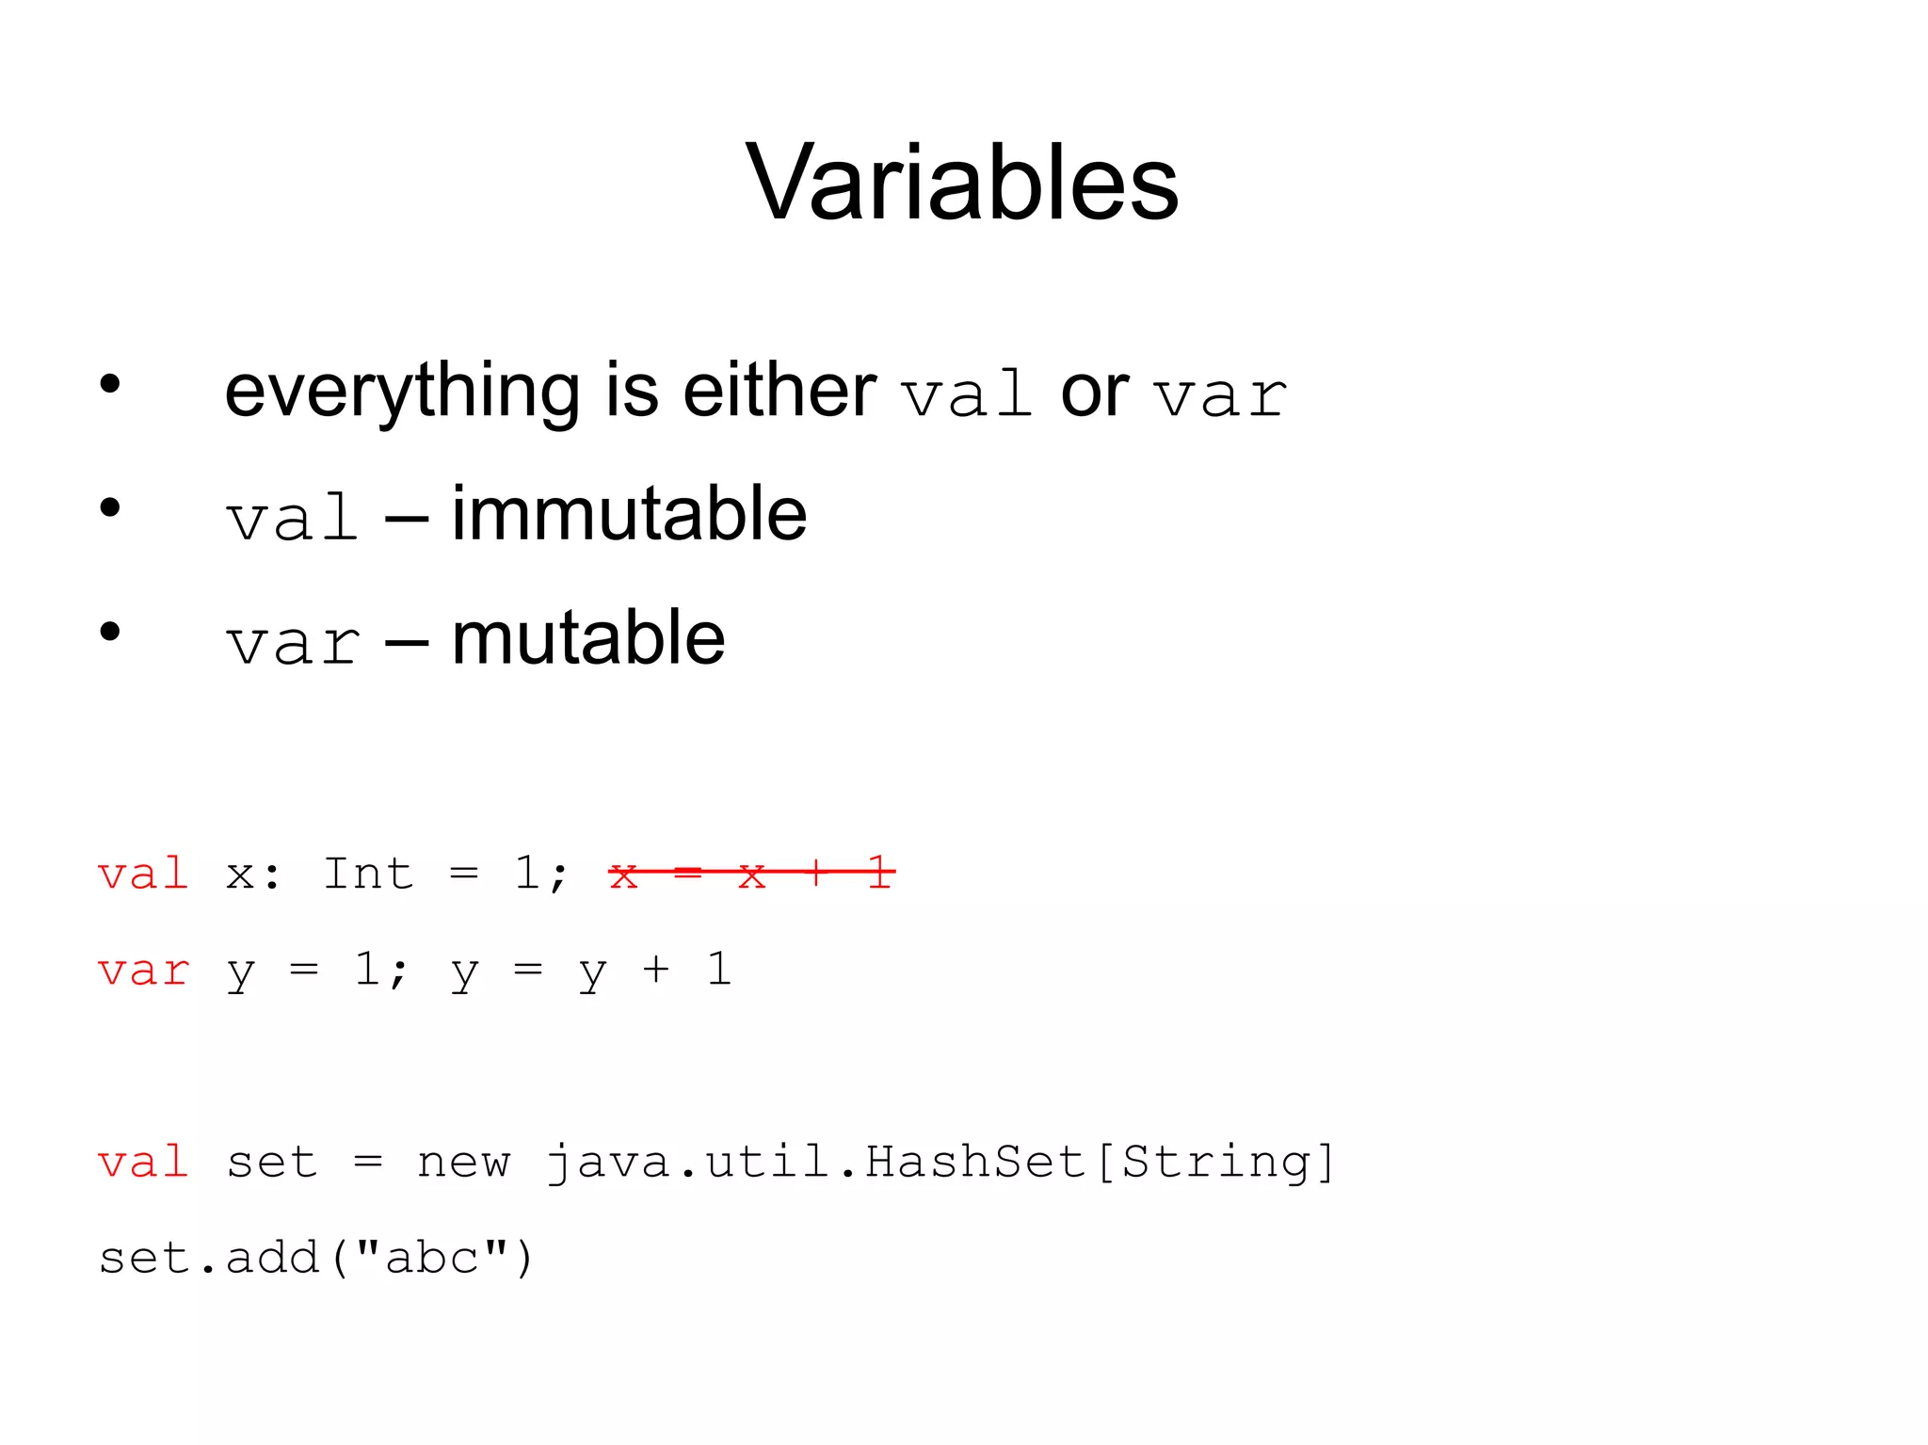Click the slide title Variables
961,183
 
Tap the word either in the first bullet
779,391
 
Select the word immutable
629,515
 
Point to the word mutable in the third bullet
588,639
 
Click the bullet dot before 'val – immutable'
110,508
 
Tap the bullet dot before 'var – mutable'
110,632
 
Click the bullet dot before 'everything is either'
110,384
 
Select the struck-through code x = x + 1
751,875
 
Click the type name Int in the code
368,874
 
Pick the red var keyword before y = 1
143,971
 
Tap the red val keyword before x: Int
143,875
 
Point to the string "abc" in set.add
432,1258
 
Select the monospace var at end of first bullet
1221,395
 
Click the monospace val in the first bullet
966,395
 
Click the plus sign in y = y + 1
655,971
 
